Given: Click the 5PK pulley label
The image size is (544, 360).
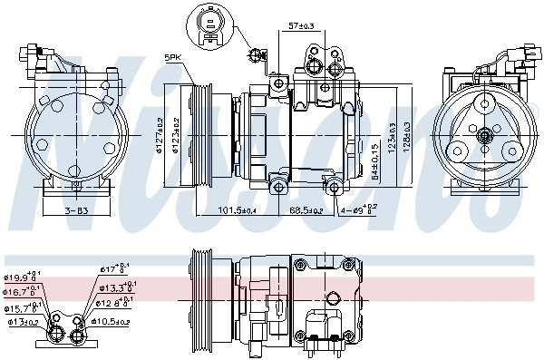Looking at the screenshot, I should [x=174, y=58].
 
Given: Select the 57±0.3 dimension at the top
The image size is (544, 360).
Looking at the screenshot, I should [x=301, y=26].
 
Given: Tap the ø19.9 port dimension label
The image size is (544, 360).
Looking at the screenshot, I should [x=20, y=277].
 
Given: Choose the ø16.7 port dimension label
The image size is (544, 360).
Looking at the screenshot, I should [x=20, y=292].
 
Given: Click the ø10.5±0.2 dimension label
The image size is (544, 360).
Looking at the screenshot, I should [x=112, y=321].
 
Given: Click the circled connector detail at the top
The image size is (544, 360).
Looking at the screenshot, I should [x=210, y=24].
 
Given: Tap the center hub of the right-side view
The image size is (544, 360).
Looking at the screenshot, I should [x=484, y=136].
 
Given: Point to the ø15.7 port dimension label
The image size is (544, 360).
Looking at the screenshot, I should [x=20, y=307].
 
